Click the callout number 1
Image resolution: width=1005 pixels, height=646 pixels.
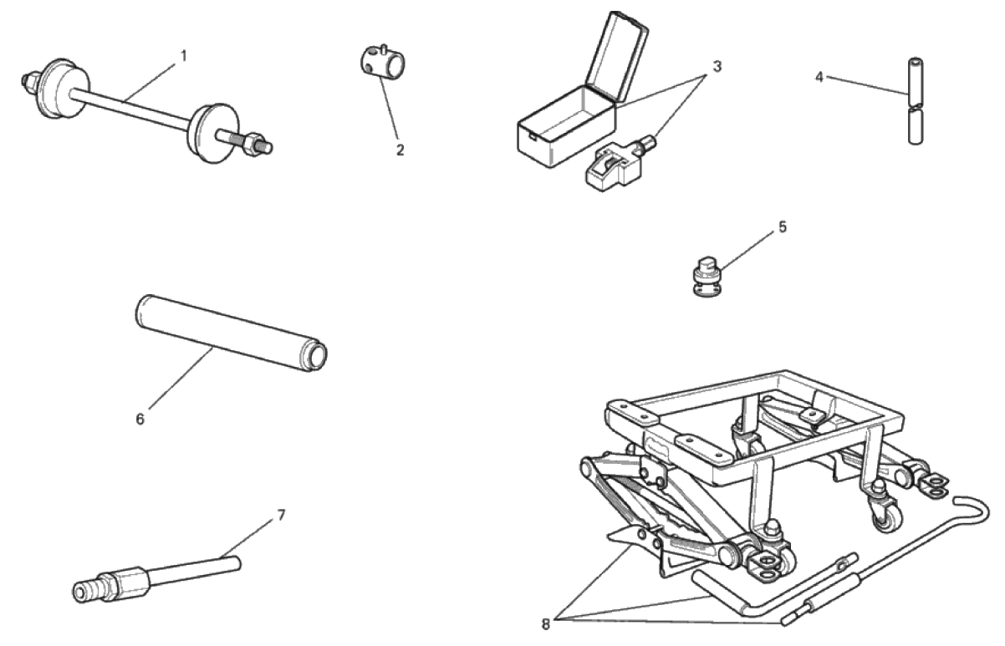point(183,56)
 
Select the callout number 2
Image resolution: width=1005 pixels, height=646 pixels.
point(400,150)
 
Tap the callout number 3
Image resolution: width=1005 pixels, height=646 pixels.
point(717,66)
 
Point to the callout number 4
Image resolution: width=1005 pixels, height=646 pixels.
point(819,77)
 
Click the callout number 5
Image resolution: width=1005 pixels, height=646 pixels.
point(783,226)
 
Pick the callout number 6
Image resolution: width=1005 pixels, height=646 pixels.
point(140,420)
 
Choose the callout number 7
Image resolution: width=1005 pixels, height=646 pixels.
point(281,516)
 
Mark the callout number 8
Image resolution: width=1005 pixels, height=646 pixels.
point(546,624)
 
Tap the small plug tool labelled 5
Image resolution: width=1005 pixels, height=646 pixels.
point(707,276)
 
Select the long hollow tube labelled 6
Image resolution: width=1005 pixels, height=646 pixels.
point(231,333)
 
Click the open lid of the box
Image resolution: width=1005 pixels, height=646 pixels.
point(617,56)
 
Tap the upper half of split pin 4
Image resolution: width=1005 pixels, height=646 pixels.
point(916,82)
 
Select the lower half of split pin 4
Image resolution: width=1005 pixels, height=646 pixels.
point(916,126)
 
